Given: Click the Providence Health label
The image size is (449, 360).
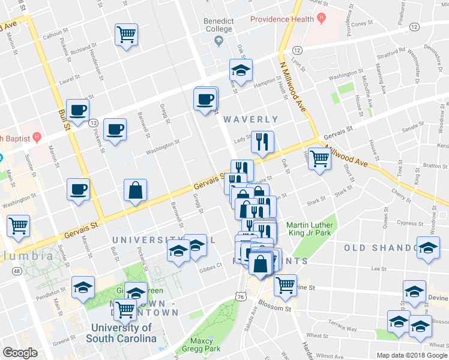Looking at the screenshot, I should [x=282, y=19].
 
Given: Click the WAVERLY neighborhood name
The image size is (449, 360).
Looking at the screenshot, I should [x=251, y=120].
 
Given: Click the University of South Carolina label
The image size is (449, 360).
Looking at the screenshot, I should [x=122, y=333].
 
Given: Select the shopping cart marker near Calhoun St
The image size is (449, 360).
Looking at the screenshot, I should [x=127, y=34].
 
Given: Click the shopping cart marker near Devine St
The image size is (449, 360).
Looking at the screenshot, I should [x=285, y=284].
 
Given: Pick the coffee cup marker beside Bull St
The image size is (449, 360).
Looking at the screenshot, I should [x=78, y=110].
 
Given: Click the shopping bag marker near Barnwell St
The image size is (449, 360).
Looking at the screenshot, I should [x=136, y=190].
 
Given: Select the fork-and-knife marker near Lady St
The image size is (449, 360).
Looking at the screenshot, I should [x=262, y=142].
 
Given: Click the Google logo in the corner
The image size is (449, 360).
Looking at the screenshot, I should [x=20, y=353].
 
